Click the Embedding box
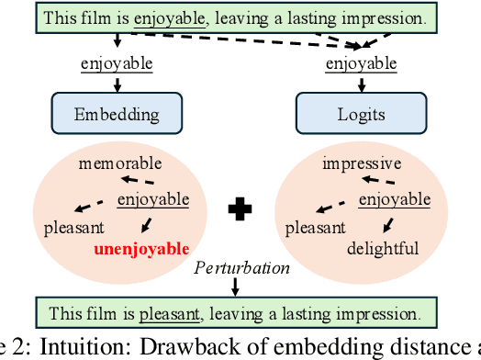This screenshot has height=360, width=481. click(117, 115)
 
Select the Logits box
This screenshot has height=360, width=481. click(363, 115)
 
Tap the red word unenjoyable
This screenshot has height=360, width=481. click(141, 249)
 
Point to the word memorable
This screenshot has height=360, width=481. click(119, 163)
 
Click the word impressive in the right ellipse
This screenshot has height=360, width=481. click(362, 163)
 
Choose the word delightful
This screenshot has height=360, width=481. click(383, 249)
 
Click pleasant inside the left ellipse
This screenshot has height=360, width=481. click(73, 226)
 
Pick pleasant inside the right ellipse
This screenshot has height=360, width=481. click(316, 226)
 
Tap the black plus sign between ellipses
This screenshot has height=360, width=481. click(240, 209)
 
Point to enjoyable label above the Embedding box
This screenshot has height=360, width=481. click(117, 63)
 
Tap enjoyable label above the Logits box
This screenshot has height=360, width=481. click(363, 63)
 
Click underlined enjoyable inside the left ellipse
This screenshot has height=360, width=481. click(153, 199)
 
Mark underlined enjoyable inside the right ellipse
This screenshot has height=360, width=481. click(395, 199)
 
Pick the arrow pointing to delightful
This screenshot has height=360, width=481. click(386, 223)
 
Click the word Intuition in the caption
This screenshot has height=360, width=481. click(73, 349)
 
